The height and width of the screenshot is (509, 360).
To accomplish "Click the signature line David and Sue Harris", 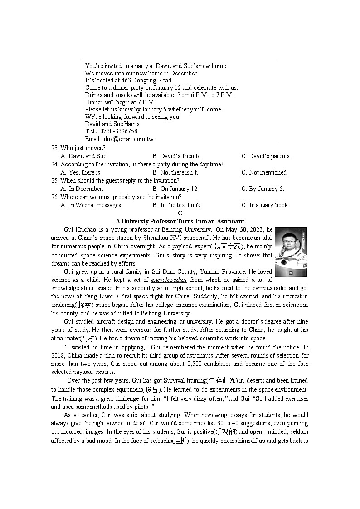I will (x=112, y=124).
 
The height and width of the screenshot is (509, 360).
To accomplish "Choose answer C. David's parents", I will (x=266, y=156).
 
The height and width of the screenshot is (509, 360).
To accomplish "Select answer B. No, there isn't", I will (x=175, y=173).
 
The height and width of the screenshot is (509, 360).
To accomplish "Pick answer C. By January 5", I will (x=263, y=189).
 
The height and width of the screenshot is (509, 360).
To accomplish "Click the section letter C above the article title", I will (x=180, y=213).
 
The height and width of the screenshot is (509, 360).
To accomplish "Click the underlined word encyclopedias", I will (x=169, y=280).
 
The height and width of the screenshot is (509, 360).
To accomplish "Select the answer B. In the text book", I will (x=177, y=205).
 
